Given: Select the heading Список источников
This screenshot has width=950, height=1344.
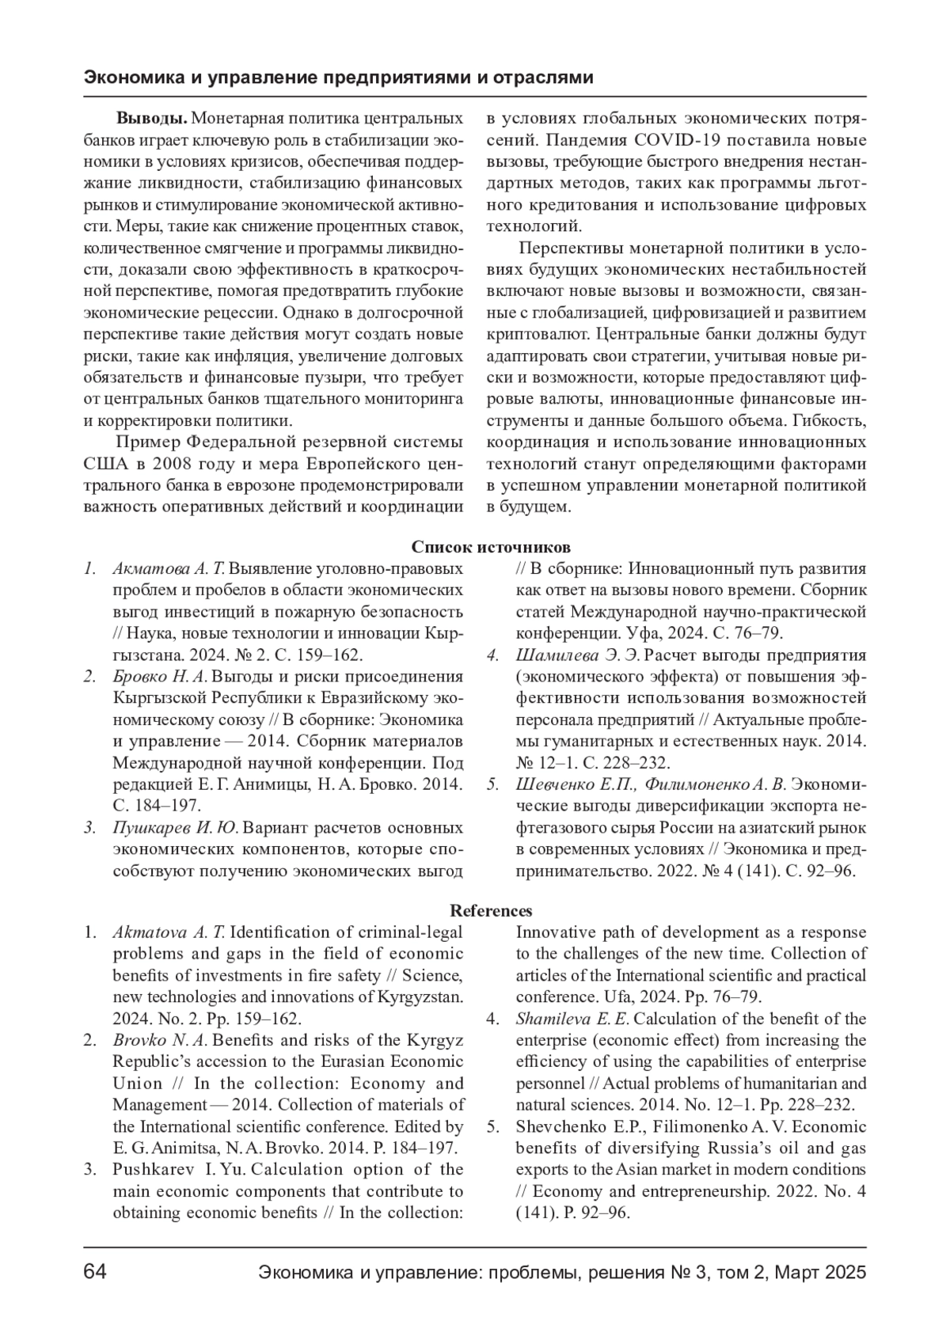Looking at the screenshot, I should [x=491, y=548].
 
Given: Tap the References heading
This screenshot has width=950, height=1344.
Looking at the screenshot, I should [x=491, y=911].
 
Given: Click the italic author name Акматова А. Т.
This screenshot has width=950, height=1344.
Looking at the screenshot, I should [x=169, y=569].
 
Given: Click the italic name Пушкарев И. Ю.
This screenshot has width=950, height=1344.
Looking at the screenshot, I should [x=175, y=828].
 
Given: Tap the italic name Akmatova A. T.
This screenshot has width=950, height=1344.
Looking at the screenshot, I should [x=169, y=932].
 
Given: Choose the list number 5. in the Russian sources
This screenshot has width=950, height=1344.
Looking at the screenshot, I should [x=492, y=784].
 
